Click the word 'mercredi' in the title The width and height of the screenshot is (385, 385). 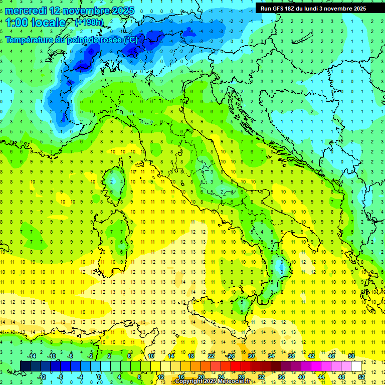(x=26, y=11)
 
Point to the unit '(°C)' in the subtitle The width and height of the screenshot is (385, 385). (x=127, y=39)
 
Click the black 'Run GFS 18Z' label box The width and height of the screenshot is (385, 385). (x=313, y=8)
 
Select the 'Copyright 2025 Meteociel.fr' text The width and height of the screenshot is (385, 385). (x=213, y=381)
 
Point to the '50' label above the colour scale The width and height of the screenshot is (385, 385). (x=351, y=356)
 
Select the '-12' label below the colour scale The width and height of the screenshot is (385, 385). (x=42, y=376)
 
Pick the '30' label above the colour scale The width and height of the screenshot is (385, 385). (x=251, y=356)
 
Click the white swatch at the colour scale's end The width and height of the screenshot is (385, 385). (x=356, y=366)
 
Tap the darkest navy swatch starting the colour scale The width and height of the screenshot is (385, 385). (x=25, y=366)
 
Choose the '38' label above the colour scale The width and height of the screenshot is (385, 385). (x=291, y=356)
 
